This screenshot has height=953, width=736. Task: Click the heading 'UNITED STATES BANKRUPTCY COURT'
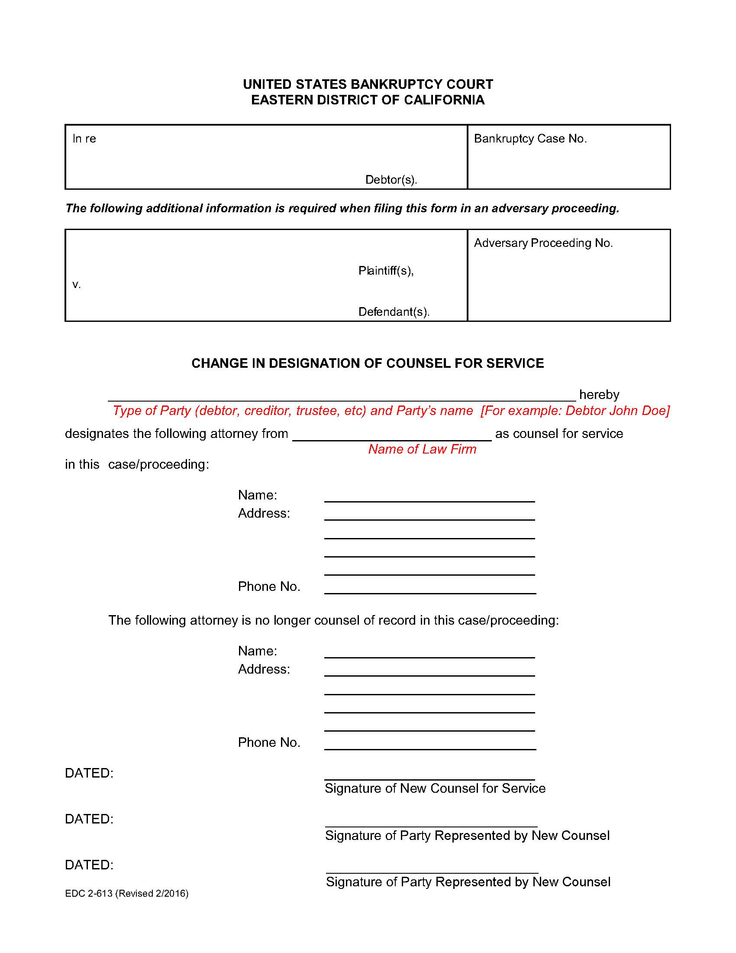(368, 84)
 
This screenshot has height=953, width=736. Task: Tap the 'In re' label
(84, 139)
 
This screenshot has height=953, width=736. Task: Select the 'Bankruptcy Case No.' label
(530, 139)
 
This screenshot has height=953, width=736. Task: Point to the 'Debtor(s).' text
(391, 179)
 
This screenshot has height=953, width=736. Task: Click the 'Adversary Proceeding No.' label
(543, 243)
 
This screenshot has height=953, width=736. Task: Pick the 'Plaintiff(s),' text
(386, 271)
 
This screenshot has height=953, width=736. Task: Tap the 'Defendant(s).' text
(394, 311)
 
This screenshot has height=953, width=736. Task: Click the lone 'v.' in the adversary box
(76, 285)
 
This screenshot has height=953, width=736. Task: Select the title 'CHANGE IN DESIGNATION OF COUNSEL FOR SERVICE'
(368, 363)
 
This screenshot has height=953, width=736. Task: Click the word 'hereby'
(599, 395)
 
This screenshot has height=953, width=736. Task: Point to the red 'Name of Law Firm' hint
(422, 449)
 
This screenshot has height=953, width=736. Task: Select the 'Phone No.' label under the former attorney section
(269, 742)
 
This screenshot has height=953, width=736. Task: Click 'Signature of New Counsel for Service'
(435, 788)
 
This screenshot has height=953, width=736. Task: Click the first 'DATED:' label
(89, 773)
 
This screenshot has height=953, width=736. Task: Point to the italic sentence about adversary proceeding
(342, 208)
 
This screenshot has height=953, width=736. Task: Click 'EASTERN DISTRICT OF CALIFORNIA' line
(368, 100)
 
